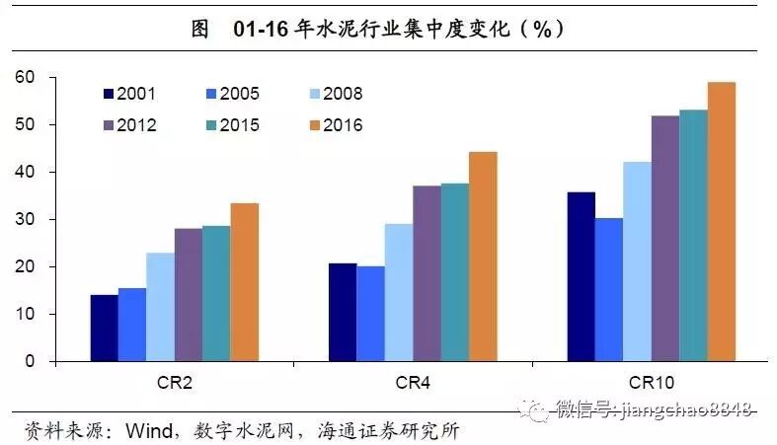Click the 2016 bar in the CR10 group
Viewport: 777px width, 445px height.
click(722, 222)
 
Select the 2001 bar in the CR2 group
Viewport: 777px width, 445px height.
click(104, 328)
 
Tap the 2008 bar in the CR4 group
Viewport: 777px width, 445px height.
click(399, 292)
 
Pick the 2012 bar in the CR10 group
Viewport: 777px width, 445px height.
click(665, 239)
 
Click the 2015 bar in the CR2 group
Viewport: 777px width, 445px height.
click(215, 293)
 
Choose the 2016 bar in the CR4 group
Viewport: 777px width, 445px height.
click(483, 257)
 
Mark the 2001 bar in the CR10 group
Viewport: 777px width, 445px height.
click(581, 276)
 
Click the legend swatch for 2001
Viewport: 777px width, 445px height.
click(108, 95)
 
